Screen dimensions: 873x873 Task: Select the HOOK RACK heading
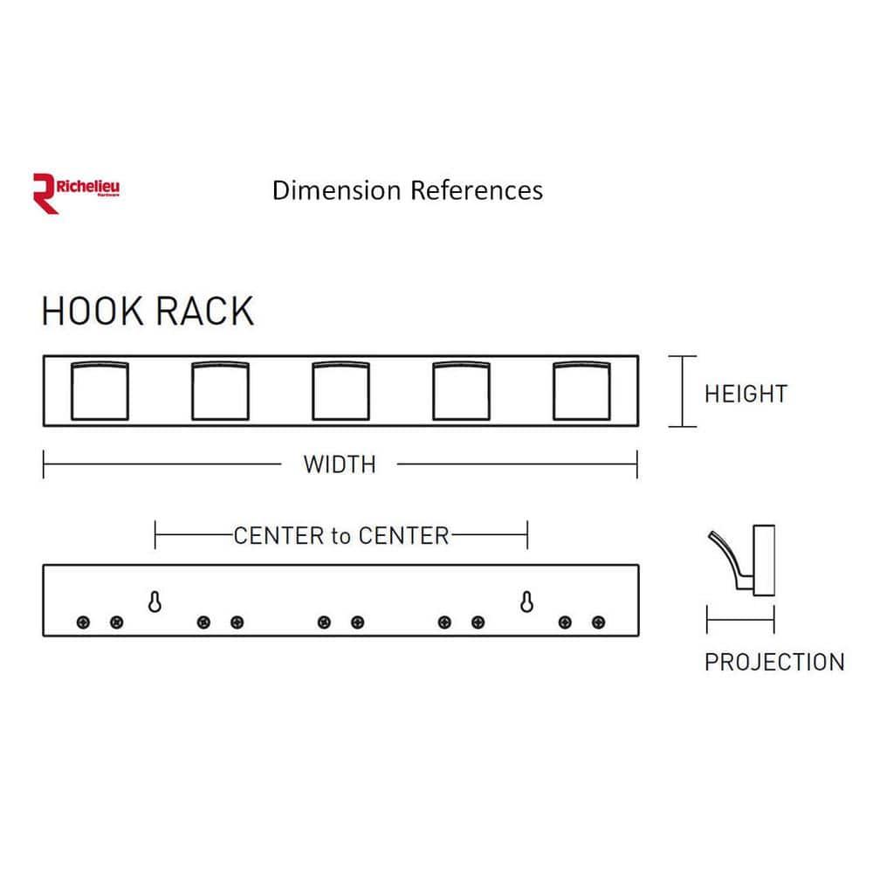148,312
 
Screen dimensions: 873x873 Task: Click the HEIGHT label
746,394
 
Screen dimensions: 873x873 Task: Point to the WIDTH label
340,464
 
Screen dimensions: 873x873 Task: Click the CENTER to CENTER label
340,535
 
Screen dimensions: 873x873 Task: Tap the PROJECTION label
774,662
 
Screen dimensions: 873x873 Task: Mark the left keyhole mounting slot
155,601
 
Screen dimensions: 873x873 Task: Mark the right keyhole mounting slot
527,601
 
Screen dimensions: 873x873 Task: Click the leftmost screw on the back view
83,622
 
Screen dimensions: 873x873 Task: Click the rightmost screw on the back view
598,622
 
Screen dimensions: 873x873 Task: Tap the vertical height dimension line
683,391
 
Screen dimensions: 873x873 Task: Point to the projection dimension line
740,622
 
